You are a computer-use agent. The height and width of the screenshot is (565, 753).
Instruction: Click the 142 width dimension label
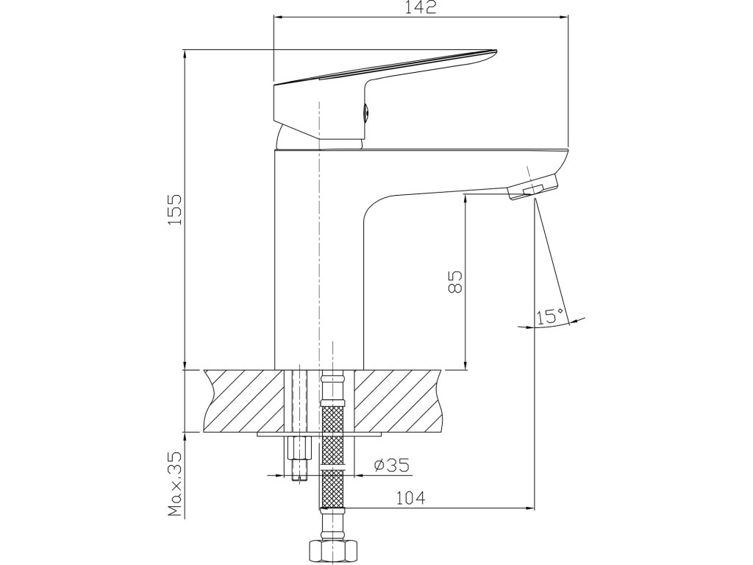click(421, 7)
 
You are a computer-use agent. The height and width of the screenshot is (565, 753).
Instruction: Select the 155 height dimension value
click(174, 210)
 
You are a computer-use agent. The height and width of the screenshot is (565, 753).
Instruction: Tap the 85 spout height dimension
click(455, 282)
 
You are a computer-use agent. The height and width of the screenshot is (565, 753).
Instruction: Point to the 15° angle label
click(550, 317)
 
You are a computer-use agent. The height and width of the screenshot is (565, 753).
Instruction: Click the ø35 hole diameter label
click(390, 465)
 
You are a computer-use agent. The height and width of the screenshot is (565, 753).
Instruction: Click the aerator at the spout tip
click(533, 186)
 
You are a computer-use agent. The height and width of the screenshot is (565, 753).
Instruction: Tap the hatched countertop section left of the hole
click(246, 401)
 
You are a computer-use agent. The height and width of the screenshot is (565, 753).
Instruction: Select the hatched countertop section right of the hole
click(401, 401)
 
